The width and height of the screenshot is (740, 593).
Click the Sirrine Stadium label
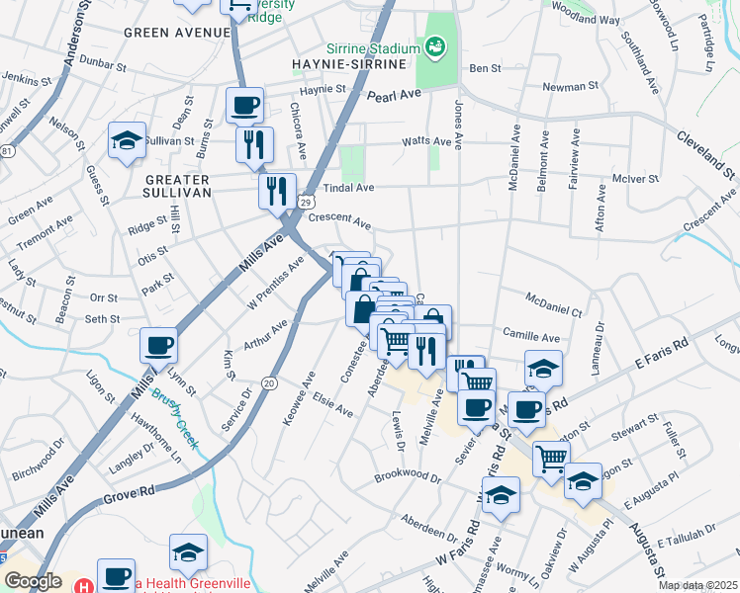(371, 49)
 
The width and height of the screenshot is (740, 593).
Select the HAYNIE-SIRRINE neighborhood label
(349, 64)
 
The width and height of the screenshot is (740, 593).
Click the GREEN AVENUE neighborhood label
(177, 33)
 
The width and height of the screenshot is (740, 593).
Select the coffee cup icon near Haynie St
(244, 105)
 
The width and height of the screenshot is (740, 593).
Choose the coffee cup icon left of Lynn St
(159, 345)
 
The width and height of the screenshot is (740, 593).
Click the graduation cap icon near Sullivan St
(128, 140)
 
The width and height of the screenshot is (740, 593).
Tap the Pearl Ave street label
(394, 96)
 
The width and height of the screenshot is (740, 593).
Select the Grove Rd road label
(130, 490)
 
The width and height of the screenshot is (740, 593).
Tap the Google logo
(34, 580)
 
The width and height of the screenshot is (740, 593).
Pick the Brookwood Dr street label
(408, 477)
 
